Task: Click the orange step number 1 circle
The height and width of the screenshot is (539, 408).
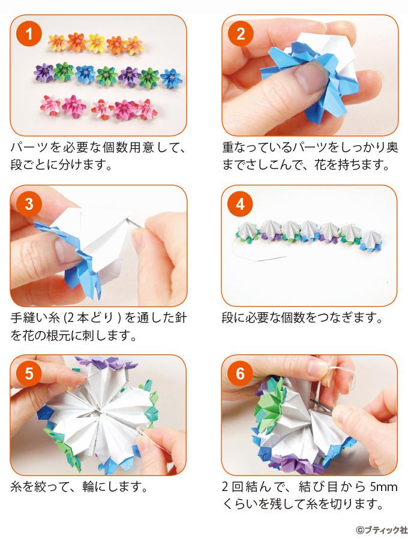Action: tap(29, 34)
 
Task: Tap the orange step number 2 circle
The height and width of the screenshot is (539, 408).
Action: tap(241, 34)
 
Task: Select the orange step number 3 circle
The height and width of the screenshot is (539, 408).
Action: tap(29, 204)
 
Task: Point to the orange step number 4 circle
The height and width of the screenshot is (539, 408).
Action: tap(240, 204)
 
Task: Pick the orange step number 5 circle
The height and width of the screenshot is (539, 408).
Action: tap(29, 374)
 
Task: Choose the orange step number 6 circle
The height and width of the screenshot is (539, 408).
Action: tap(240, 374)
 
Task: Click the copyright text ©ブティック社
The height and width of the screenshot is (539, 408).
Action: tap(381, 529)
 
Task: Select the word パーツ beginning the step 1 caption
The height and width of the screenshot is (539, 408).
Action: tap(29, 148)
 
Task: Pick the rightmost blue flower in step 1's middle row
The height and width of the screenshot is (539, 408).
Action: tap(171, 78)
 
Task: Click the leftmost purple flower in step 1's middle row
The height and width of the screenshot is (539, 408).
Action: tap(44, 73)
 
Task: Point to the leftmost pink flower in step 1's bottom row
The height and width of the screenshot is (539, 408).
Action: tap(50, 104)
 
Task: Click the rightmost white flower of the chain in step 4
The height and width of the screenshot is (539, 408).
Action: tap(372, 239)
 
